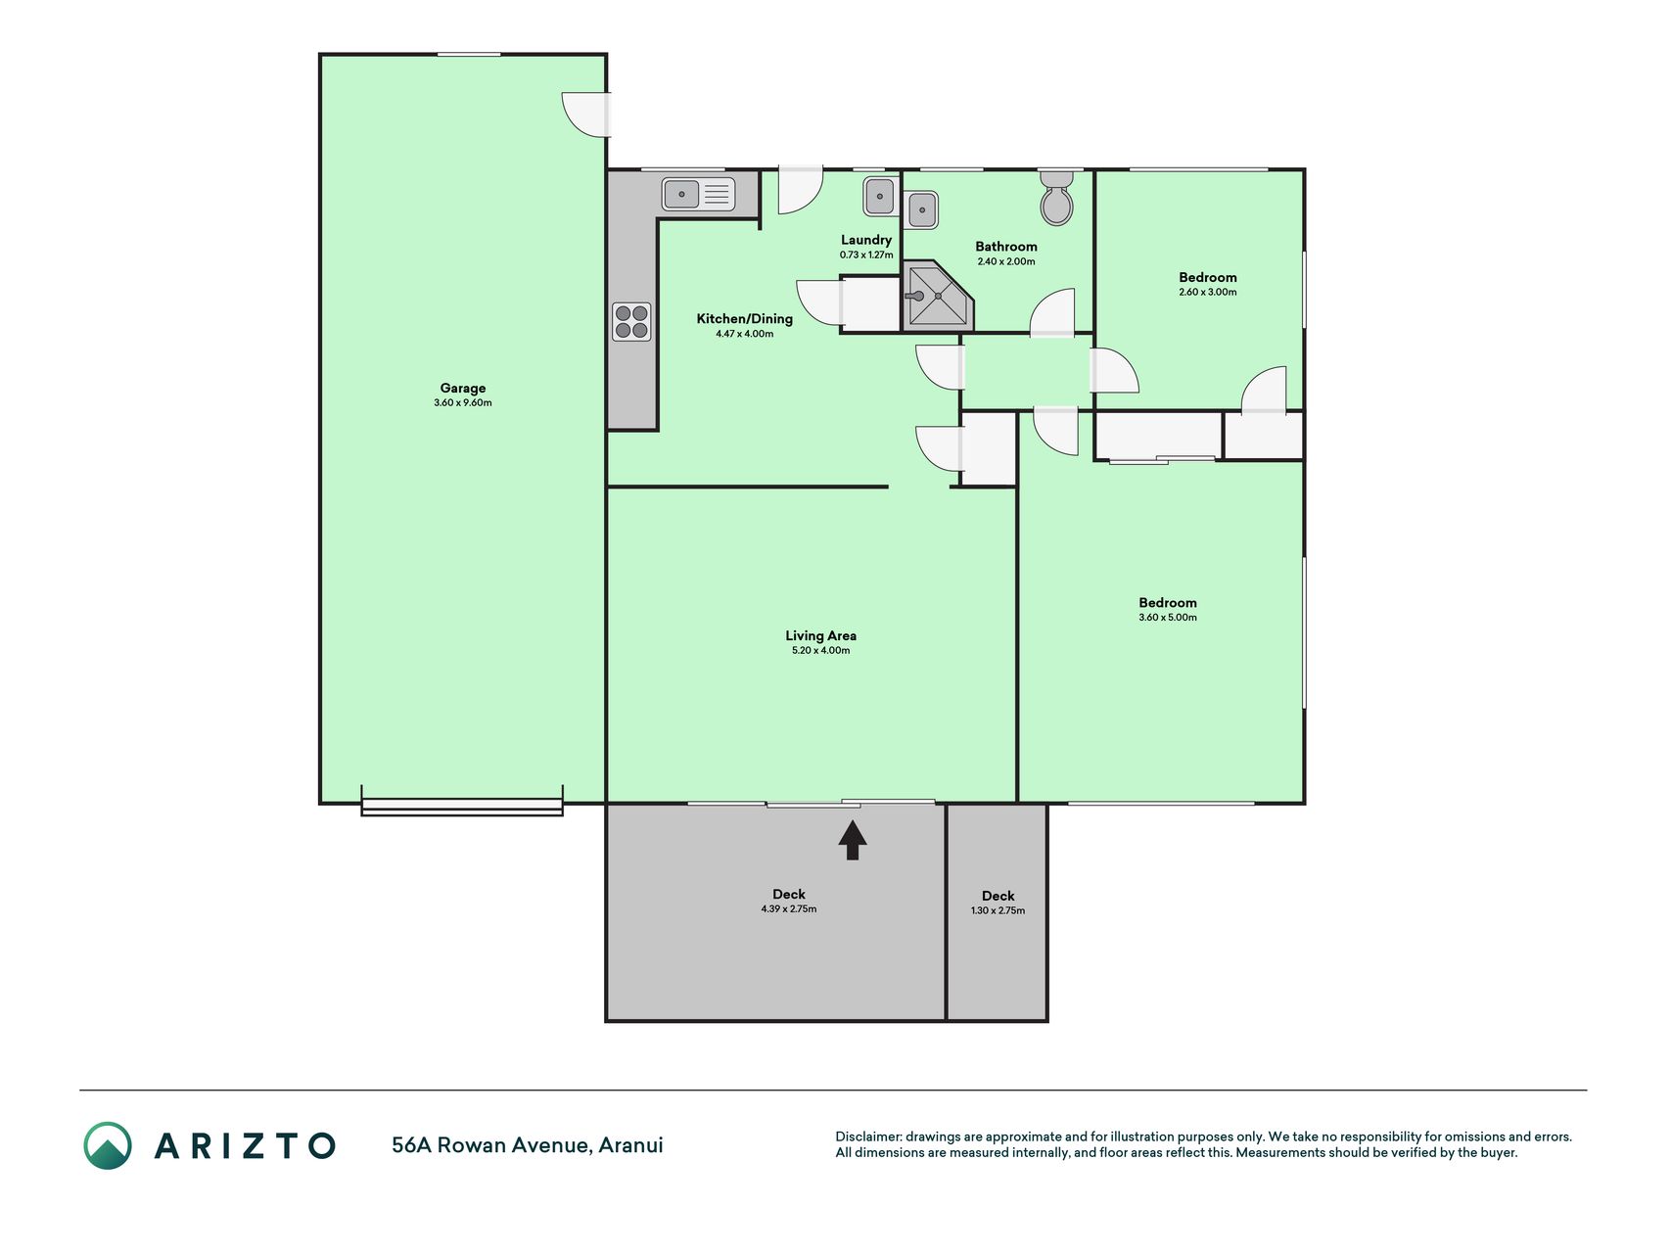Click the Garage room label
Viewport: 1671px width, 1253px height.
[x=463, y=389]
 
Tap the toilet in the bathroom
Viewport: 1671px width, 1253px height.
[x=1056, y=197]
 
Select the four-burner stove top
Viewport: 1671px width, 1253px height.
[x=631, y=322]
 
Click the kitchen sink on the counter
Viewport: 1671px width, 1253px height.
[x=698, y=194]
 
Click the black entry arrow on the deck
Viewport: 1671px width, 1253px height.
[x=853, y=840]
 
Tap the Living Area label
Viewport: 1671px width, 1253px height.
[x=820, y=636]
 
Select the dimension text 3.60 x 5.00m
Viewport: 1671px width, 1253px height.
[x=1168, y=618]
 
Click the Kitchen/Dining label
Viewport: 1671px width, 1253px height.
[x=745, y=319]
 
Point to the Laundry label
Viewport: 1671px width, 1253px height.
[x=866, y=240]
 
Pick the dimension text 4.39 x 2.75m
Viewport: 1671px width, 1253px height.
[x=789, y=909]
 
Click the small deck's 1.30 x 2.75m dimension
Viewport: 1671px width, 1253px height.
[x=998, y=911]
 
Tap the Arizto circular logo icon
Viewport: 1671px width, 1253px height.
[x=108, y=1145]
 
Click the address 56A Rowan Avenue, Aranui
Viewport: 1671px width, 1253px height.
[x=528, y=1145]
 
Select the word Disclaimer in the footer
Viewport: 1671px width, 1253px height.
[x=868, y=1137]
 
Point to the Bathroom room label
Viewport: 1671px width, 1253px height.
[x=1006, y=247]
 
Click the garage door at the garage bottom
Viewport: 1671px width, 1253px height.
[x=462, y=808]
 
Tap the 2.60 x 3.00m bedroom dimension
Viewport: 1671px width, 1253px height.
[x=1208, y=293]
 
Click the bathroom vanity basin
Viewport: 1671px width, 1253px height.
[x=921, y=209]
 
